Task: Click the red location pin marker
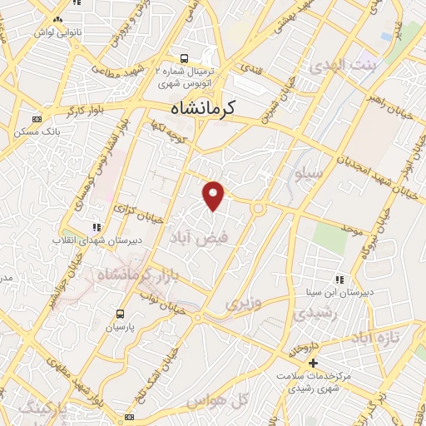(x=215, y=196)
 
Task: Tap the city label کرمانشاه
(x=203, y=107)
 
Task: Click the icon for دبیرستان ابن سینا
(x=339, y=280)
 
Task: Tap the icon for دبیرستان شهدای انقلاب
(x=97, y=226)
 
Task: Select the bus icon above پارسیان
(x=121, y=314)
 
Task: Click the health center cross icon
(x=313, y=364)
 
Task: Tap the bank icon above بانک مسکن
(x=35, y=119)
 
